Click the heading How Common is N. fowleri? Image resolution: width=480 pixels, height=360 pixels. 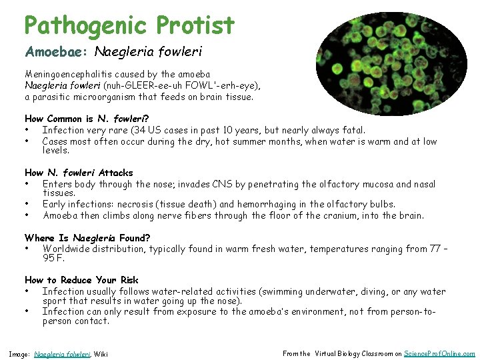[81, 119]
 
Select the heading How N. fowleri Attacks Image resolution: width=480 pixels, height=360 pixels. [79, 173]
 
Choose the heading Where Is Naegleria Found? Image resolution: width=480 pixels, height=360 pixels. [87, 237]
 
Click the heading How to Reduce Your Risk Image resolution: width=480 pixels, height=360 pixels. [81, 280]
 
